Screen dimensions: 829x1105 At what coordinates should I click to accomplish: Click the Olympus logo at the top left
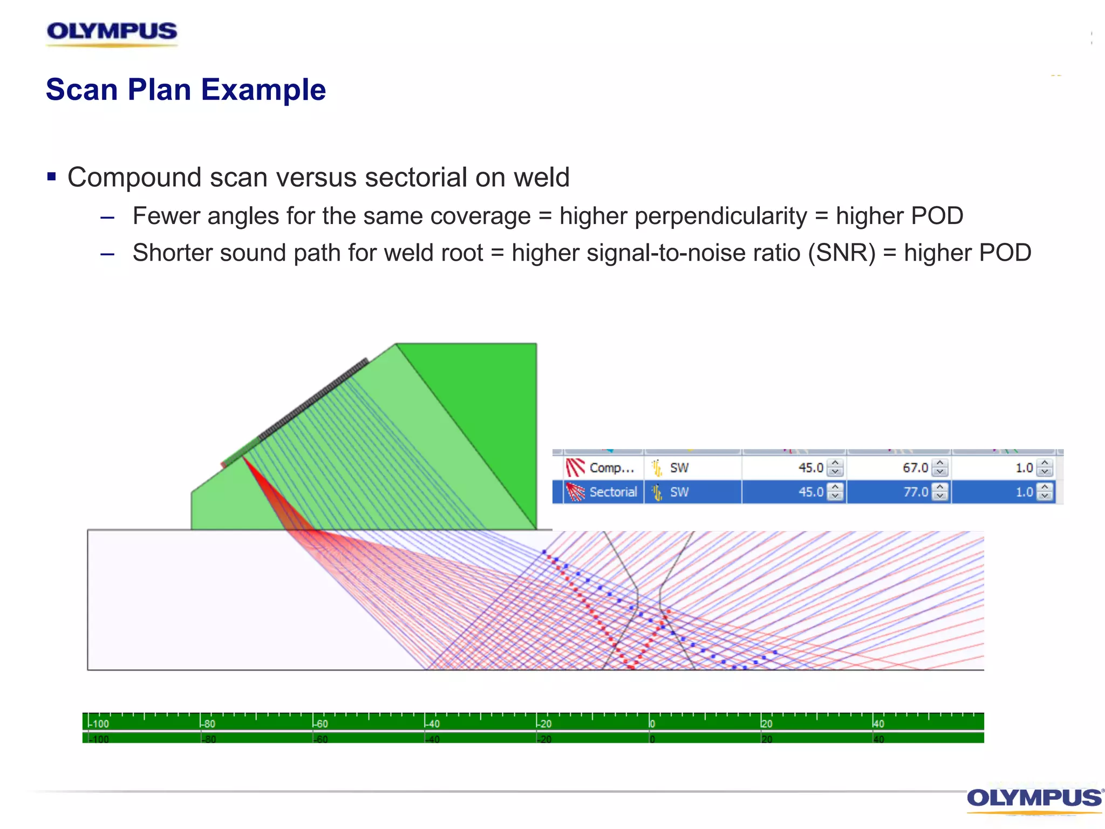pos(112,32)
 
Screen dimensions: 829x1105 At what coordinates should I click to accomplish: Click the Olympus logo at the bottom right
pos(1033,799)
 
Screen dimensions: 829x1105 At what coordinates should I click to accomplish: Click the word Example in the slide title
pos(263,90)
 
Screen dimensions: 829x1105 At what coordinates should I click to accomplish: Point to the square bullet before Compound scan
pos(52,176)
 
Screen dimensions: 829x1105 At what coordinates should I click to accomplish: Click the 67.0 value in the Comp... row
pos(915,468)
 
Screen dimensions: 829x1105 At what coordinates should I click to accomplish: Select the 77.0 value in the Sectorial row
pos(915,492)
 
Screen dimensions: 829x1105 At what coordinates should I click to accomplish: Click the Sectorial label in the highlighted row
pos(613,492)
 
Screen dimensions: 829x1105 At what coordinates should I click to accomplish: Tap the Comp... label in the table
pos(611,468)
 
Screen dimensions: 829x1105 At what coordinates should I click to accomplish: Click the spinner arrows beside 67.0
pos(940,468)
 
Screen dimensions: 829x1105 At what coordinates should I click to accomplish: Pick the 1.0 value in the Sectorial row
pos(1024,492)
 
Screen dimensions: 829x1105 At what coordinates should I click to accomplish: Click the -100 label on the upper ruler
pos(100,724)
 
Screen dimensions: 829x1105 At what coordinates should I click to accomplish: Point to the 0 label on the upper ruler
pos(652,724)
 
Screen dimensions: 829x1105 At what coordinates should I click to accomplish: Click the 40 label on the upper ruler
pos(879,724)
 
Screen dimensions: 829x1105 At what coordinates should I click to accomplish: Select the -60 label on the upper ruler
pos(321,724)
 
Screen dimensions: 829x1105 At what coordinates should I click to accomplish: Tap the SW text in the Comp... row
pos(679,468)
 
